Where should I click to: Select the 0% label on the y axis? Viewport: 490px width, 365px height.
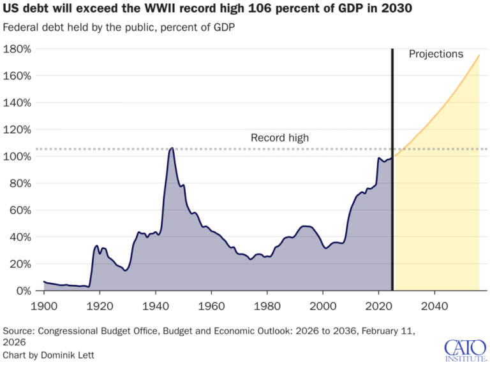pos(24,290)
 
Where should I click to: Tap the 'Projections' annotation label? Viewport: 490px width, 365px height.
pos(436,54)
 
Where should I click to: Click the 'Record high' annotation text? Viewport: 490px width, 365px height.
pos(279,138)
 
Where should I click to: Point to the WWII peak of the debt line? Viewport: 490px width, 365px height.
pos(171,148)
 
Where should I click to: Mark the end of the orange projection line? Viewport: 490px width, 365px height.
pos(479,55)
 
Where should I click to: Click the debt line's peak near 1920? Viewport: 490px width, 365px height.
pos(96,245)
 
